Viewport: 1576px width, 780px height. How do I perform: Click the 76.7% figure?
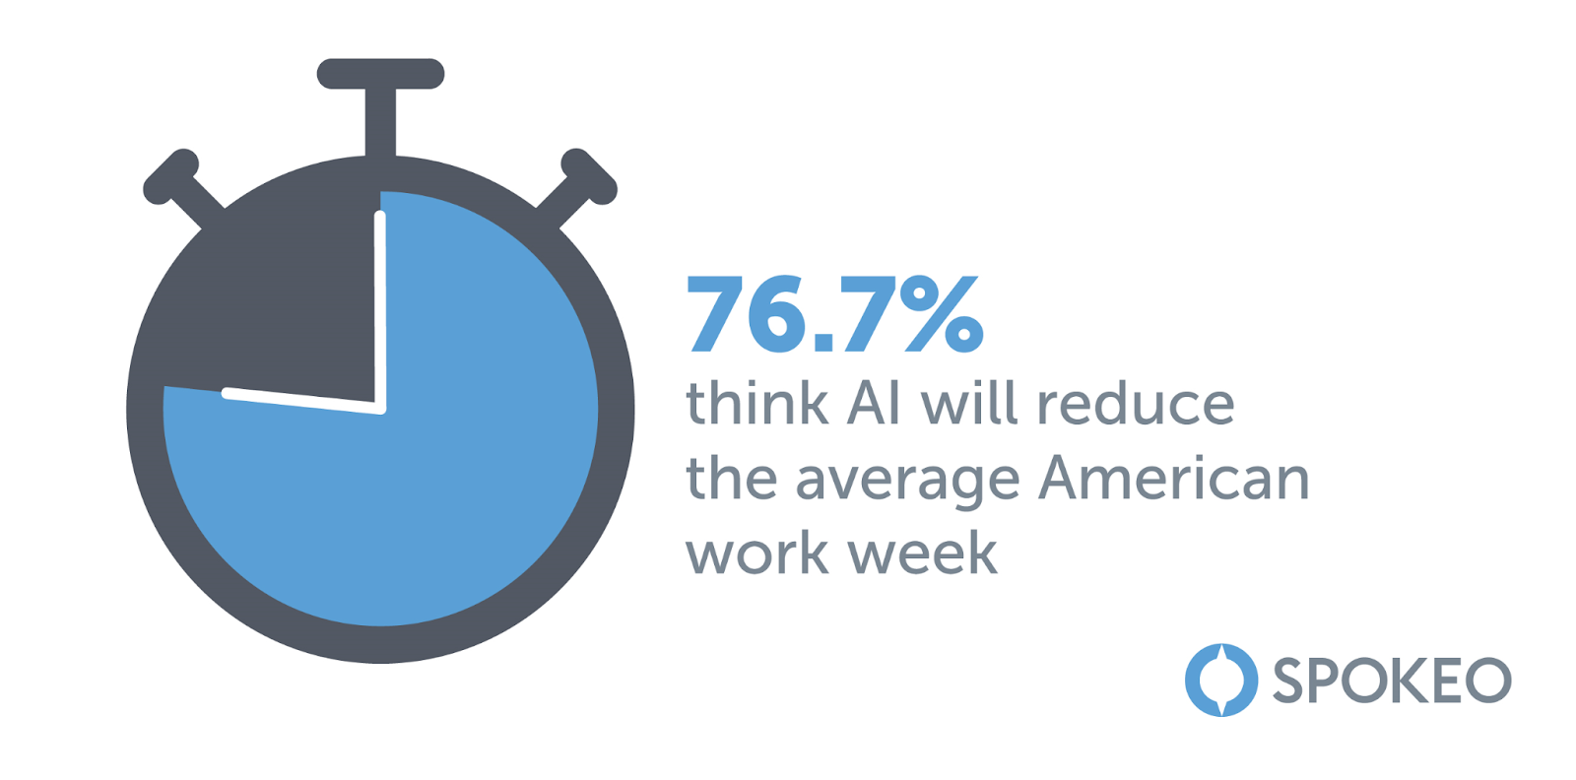click(835, 314)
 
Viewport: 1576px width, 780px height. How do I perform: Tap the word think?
click(756, 404)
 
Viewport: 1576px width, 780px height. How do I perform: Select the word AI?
click(874, 405)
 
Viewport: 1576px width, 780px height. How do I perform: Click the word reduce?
click(1137, 404)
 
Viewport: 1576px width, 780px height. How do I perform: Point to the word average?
click(907, 482)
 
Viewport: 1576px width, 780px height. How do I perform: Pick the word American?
click(1174, 478)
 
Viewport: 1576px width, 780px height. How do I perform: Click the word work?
click(757, 552)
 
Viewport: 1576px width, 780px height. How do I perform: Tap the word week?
click(923, 552)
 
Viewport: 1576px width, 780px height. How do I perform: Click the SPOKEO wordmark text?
click(1393, 681)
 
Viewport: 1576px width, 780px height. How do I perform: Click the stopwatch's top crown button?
click(380, 105)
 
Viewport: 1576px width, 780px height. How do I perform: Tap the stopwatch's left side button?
click(181, 186)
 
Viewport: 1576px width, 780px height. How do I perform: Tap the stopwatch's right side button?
click(578, 186)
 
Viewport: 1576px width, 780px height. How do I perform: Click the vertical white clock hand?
click(380, 311)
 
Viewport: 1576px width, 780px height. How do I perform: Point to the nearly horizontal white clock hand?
click(303, 401)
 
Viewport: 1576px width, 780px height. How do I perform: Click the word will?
click(969, 404)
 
